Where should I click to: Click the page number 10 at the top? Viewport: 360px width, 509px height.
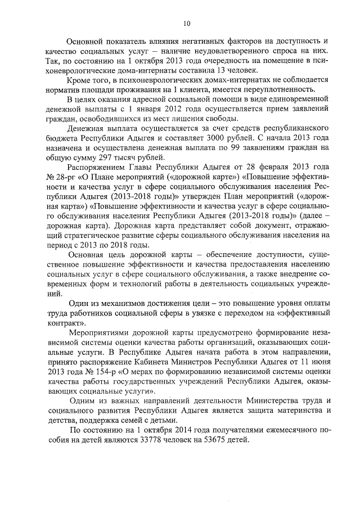[187, 22]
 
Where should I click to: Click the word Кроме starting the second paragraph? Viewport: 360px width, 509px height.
[78, 80]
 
